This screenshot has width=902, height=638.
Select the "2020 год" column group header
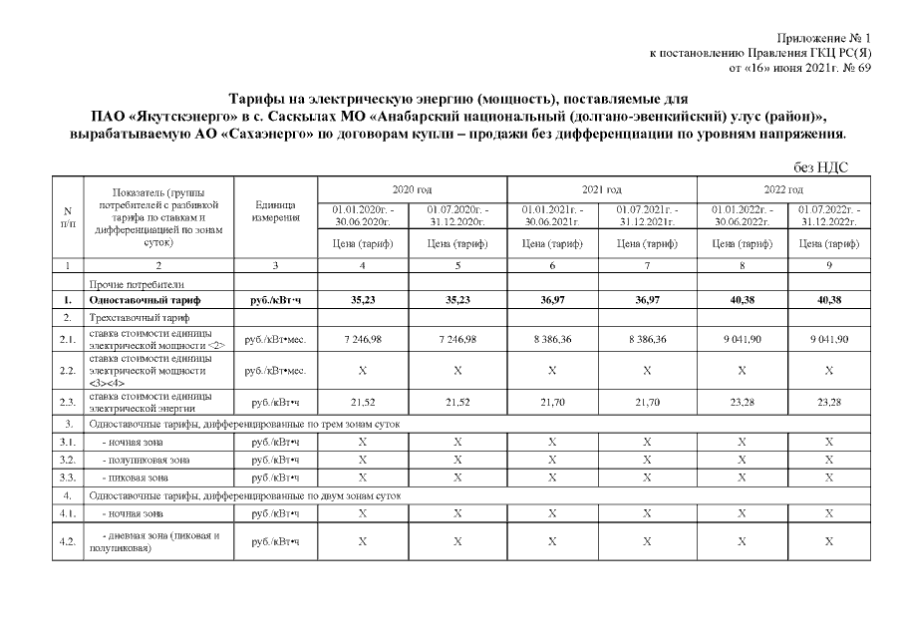pyautogui.click(x=411, y=188)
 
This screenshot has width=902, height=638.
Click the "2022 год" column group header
pyautogui.click(x=782, y=188)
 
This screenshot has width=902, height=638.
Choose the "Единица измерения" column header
pyautogui.click(x=274, y=210)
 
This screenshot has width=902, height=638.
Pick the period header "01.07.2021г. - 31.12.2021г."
pyautogui.click(x=647, y=214)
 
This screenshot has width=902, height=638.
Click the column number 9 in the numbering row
pyautogui.click(x=828, y=266)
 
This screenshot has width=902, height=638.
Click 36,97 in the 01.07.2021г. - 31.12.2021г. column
pyautogui.click(x=647, y=299)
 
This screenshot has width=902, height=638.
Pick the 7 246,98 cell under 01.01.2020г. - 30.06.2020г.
pyautogui.click(x=362, y=339)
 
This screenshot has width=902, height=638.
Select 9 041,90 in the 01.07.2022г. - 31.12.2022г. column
pyautogui.click(x=828, y=339)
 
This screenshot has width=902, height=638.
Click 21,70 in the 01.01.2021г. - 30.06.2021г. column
pyautogui.click(x=551, y=402)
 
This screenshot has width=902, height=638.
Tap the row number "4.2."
pyautogui.click(x=67, y=541)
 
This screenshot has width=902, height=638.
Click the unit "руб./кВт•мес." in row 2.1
pyautogui.click(x=274, y=339)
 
